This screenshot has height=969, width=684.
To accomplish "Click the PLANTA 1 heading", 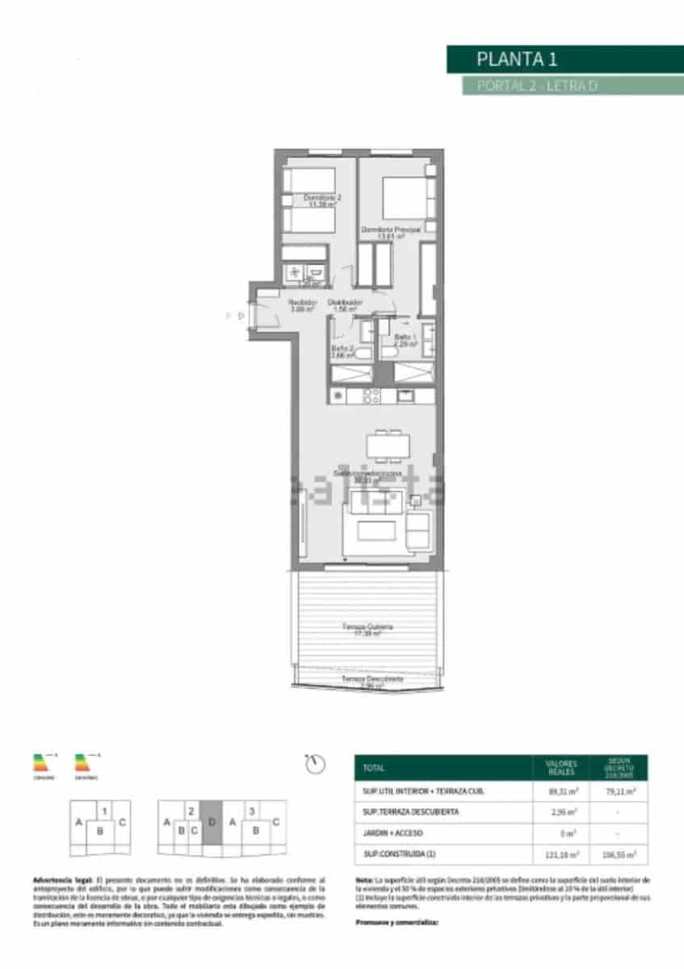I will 517,59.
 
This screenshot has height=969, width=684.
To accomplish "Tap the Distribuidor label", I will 345,304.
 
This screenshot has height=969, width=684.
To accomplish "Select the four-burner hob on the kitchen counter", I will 371,396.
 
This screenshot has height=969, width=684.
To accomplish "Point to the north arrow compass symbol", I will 316,762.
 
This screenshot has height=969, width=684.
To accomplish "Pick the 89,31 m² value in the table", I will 561,791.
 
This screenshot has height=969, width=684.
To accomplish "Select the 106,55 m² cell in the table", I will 619,854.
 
